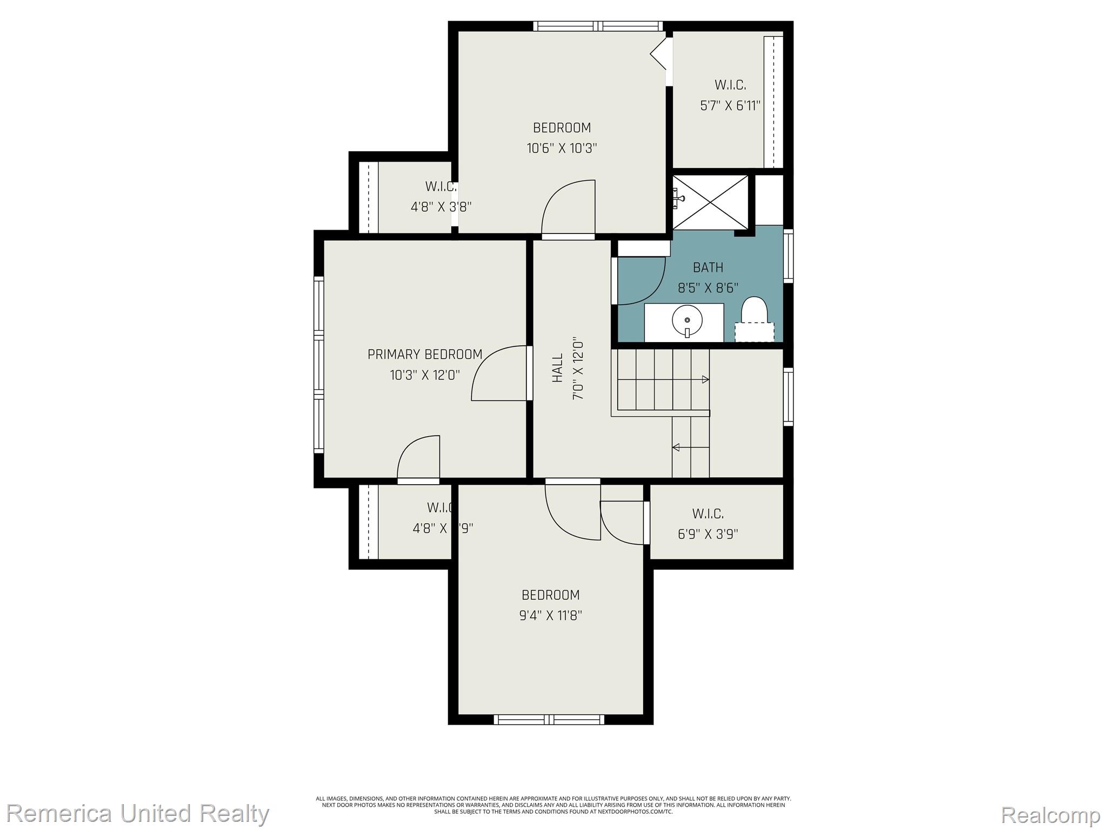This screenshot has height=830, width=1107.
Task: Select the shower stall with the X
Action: pos(710,202)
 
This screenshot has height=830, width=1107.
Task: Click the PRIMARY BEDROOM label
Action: pos(425,354)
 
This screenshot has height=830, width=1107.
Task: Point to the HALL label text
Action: pos(557,368)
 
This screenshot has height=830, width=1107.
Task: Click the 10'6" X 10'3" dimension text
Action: pos(562,148)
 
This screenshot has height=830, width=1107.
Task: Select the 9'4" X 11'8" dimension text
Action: pos(550,615)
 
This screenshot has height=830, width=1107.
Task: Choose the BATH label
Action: pos(708,267)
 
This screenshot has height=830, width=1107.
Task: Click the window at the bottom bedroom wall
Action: pos(549,719)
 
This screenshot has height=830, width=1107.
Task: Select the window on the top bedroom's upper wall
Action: pos(598,26)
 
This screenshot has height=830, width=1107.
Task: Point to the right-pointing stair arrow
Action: pos(705,380)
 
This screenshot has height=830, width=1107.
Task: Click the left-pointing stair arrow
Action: pos(676,447)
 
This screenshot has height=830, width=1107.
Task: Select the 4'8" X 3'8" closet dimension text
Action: pos(441,207)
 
